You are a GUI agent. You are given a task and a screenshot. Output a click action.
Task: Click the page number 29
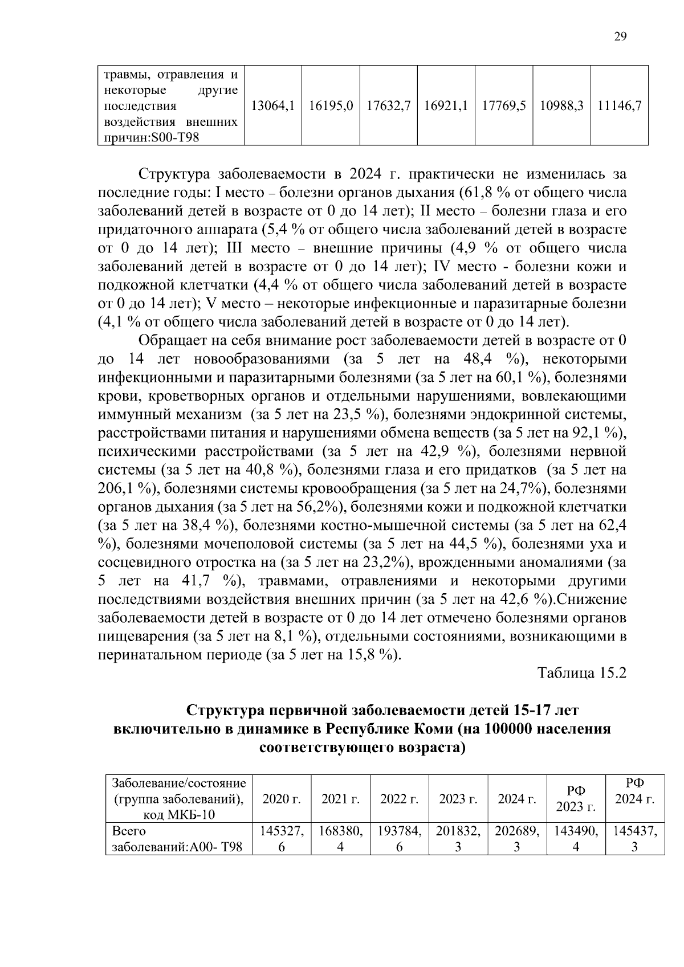tap(620, 36)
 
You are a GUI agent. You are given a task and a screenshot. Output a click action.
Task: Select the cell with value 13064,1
tap(272, 106)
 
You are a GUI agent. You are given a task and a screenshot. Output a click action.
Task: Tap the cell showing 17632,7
tap(388, 106)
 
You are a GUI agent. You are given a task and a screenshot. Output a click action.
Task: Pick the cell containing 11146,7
tap(619, 106)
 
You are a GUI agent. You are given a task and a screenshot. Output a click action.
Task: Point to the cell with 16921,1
tap(446, 106)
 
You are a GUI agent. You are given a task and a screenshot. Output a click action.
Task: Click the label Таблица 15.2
tap(582, 673)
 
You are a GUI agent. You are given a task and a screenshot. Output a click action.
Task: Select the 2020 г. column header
tap(282, 799)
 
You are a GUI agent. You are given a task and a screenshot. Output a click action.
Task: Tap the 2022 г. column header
tap(399, 799)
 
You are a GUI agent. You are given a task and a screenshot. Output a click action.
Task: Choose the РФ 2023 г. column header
tap(576, 799)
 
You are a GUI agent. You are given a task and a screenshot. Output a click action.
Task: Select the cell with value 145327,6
tap(282, 839)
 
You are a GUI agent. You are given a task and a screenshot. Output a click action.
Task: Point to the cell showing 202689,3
tap(516, 839)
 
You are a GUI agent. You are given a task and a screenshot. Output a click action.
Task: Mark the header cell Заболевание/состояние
tap(179, 783)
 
